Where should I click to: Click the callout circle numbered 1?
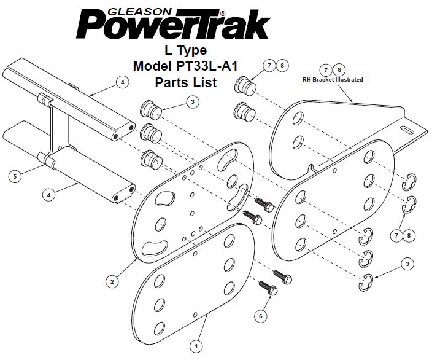click(196, 346)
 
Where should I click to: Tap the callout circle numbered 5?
click(17, 176)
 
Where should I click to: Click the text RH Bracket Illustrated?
click(333, 80)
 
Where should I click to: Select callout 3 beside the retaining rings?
click(407, 264)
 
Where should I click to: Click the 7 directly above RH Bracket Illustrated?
click(327, 70)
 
